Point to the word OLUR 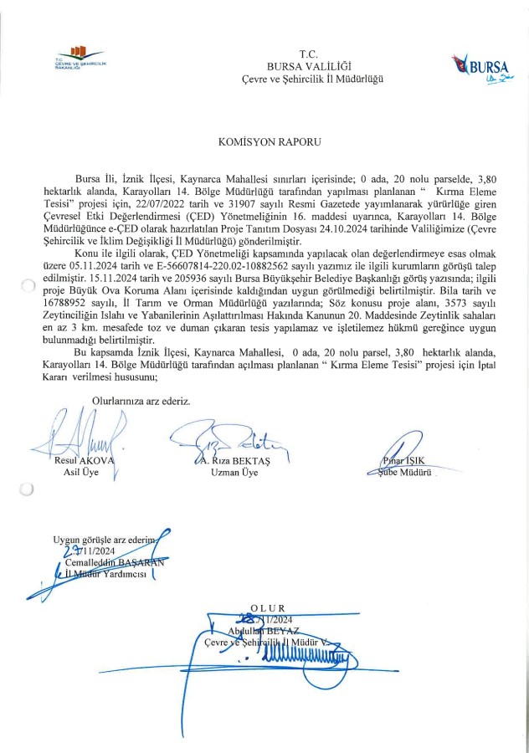pos(268,607)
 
